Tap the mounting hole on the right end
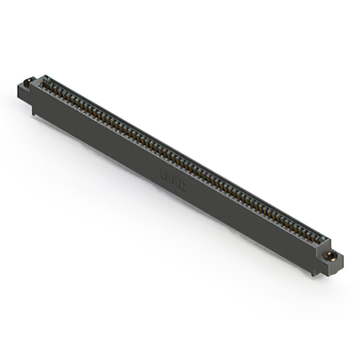tap(332, 258)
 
